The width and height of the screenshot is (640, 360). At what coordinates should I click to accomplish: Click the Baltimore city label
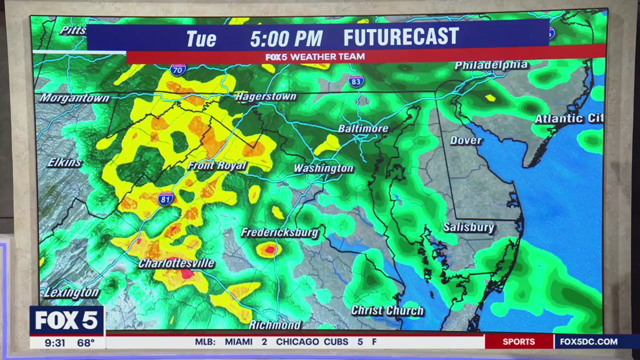click(x=363, y=128)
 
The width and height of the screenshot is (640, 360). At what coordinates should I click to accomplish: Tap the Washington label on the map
click(x=323, y=168)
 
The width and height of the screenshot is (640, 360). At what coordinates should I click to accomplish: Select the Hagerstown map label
click(x=266, y=96)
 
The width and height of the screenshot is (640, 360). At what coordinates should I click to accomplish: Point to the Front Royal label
click(x=217, y=165)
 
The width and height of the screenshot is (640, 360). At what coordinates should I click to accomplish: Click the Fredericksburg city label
click(x=279, y=232)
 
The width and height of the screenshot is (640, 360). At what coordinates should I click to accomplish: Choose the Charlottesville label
click(x=176, y=263)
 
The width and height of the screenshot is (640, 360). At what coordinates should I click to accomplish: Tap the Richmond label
click(x=275, y=325)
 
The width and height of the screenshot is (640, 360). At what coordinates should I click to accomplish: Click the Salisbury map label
click(x=468, y=227)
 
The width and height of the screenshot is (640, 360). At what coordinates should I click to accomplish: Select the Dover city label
click(x=465, y=140)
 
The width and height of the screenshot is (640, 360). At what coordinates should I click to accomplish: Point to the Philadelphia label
click(x=491, y=65)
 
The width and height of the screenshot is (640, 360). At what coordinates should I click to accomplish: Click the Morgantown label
click(x=74, y=98)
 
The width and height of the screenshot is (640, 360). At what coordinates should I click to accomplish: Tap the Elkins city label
click(x=64, y=162)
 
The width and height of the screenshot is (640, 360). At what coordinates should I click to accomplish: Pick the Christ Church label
click(x=387, y=310)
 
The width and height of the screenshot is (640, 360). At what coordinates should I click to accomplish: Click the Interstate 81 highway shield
click(x=165, y=198)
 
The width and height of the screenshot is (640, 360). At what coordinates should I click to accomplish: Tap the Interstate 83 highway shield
click(x=356, y=81)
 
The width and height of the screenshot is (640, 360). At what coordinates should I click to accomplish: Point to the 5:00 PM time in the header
click(x=286, y=38)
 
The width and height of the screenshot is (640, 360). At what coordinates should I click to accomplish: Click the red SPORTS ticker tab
click(x=518, y=342)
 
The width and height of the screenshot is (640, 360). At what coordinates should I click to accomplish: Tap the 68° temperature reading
click(x=85, y=343)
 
